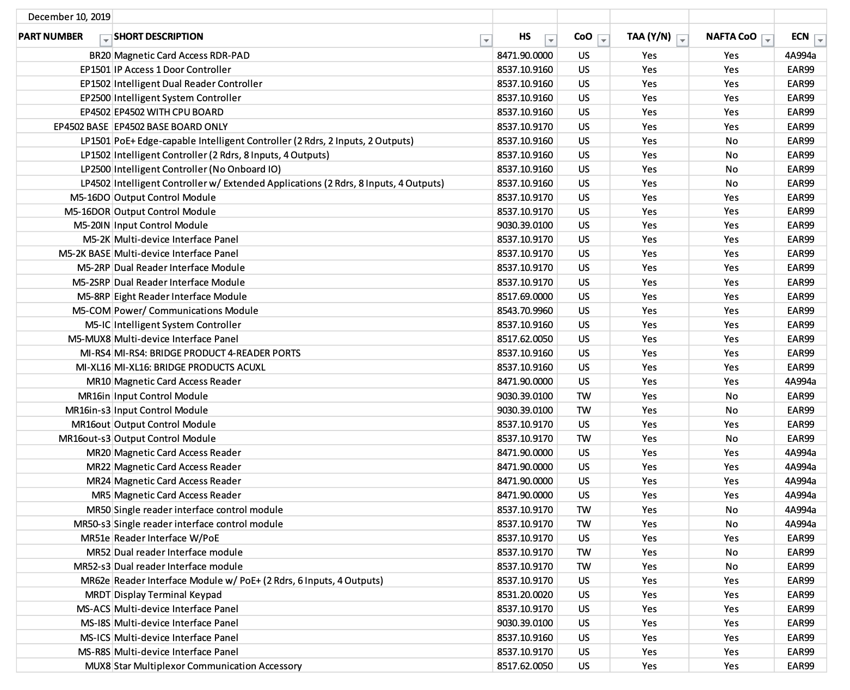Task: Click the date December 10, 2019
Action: (x=69, y=17)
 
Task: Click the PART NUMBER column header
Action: (x=51, y=37)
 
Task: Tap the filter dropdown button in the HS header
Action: (x=551, y=40)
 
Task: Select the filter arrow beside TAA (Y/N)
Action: (x=682, y=40)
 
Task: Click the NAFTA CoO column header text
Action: (x=731, y=37)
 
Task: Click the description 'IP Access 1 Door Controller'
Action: (x=173, y=70)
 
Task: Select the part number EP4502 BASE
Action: (x=82, y=127)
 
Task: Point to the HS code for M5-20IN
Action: (x=525, y=225)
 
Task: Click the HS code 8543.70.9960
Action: (x=525, y=311)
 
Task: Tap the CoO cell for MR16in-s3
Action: (x=583, y=410)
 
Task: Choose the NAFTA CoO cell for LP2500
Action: (x=731, y=169)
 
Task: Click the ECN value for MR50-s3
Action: (x=800, y=524)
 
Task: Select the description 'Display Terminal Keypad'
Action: (x=168, y=595)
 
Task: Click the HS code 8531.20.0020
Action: (x=525, y=595)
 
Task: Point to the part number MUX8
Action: (x=98, y=666)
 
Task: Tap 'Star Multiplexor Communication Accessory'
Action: (x=207, y=666)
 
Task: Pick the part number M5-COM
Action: (x=91, y=311)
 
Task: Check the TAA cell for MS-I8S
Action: (x=649, y=623)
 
